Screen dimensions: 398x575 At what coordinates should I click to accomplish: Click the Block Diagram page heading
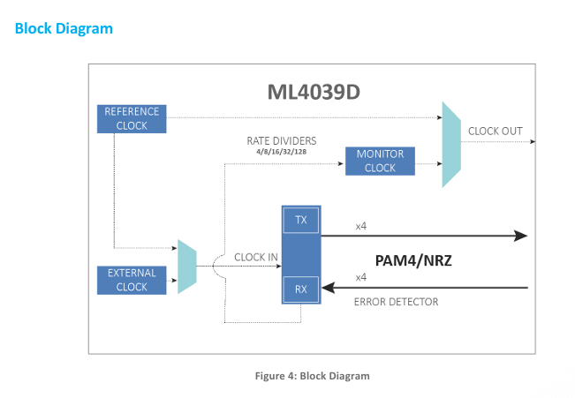tap(64, 28)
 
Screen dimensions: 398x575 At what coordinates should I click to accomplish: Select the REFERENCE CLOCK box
tap(132, 118)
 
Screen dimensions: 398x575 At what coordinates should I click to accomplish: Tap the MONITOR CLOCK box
tap(380, 161)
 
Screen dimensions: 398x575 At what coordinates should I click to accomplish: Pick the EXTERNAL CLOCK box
tap(132, 280)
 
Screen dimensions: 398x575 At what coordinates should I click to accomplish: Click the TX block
tap(300, 220)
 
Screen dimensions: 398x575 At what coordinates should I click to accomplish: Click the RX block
tap(300, 289)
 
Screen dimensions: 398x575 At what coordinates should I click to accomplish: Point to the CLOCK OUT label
tap(495, 131)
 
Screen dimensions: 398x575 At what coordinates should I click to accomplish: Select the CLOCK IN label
tap(255, 258)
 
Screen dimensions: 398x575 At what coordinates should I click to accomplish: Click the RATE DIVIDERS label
tap(282, 140)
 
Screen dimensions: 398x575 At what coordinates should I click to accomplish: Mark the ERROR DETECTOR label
tap(396, 302)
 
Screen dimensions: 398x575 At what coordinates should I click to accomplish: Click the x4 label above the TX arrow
tap(361, 227)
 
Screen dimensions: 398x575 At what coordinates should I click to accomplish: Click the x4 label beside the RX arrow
tap(361, 277)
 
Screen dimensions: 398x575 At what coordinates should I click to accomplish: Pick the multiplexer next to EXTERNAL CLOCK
tap(186, 267)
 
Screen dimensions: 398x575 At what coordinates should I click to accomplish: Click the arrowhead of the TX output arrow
tap(521, 236)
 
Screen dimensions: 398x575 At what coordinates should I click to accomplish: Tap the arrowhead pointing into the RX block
tap(329, 288)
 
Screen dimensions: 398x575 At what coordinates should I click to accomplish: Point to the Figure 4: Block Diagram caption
tap(312, 376)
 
